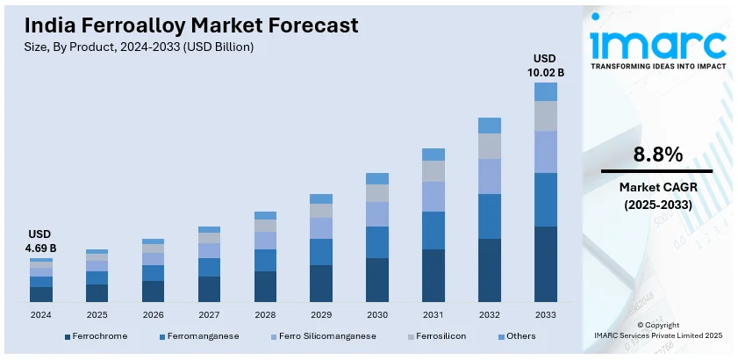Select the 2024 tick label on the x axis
point(41,314)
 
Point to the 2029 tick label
point(321,314)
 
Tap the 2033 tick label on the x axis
point(546,314)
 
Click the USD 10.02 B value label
point(546,65)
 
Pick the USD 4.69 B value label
point(41,241)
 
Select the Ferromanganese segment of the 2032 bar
point(490,216)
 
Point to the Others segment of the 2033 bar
point(546,91)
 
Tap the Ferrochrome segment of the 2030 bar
point(377,281)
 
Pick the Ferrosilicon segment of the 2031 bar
point(433,171)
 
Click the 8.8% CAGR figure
point(656,155)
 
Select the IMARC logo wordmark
point(658,43)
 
